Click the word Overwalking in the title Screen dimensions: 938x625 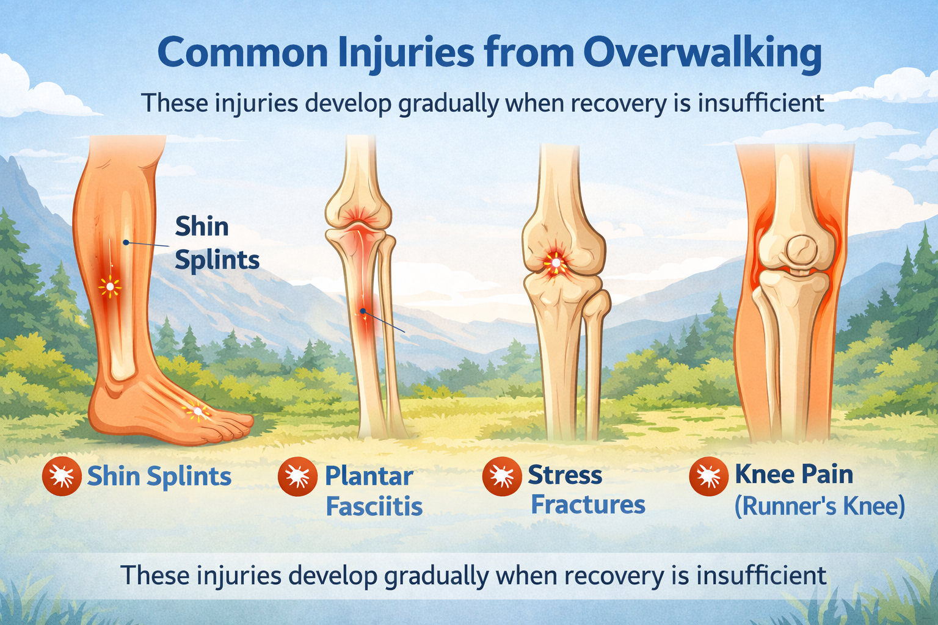coord(702,54)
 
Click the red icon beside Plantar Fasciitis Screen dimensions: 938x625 coord(297,477)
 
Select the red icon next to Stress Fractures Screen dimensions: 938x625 coord(501,477)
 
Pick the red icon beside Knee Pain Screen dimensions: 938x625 coord(708,477)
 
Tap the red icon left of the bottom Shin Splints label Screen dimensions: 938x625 coord(62,477)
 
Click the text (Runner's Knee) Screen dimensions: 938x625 coord(820,506)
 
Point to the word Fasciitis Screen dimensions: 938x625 coord(374,506)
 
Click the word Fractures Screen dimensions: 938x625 coord(588,504)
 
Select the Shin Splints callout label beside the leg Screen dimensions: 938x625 coord(217,243)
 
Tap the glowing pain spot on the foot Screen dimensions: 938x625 coord(198,412)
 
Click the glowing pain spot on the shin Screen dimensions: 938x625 coord(110,287)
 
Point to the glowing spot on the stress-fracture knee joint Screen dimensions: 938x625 coord(556,263)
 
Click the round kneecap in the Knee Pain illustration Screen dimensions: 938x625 coord(801,251)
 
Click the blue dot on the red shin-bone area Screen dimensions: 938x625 coord(363,311)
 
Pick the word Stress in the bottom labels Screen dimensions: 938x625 coord(565,475)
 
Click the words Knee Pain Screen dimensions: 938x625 coord(794,474)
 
